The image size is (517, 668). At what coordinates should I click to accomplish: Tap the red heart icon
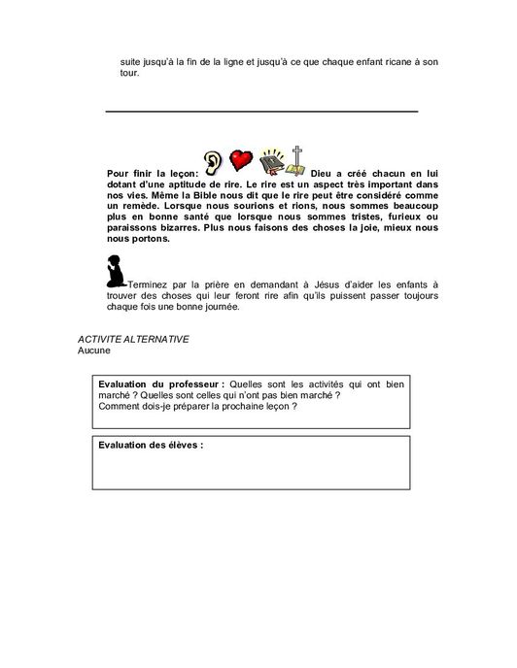tap(241, 160)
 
